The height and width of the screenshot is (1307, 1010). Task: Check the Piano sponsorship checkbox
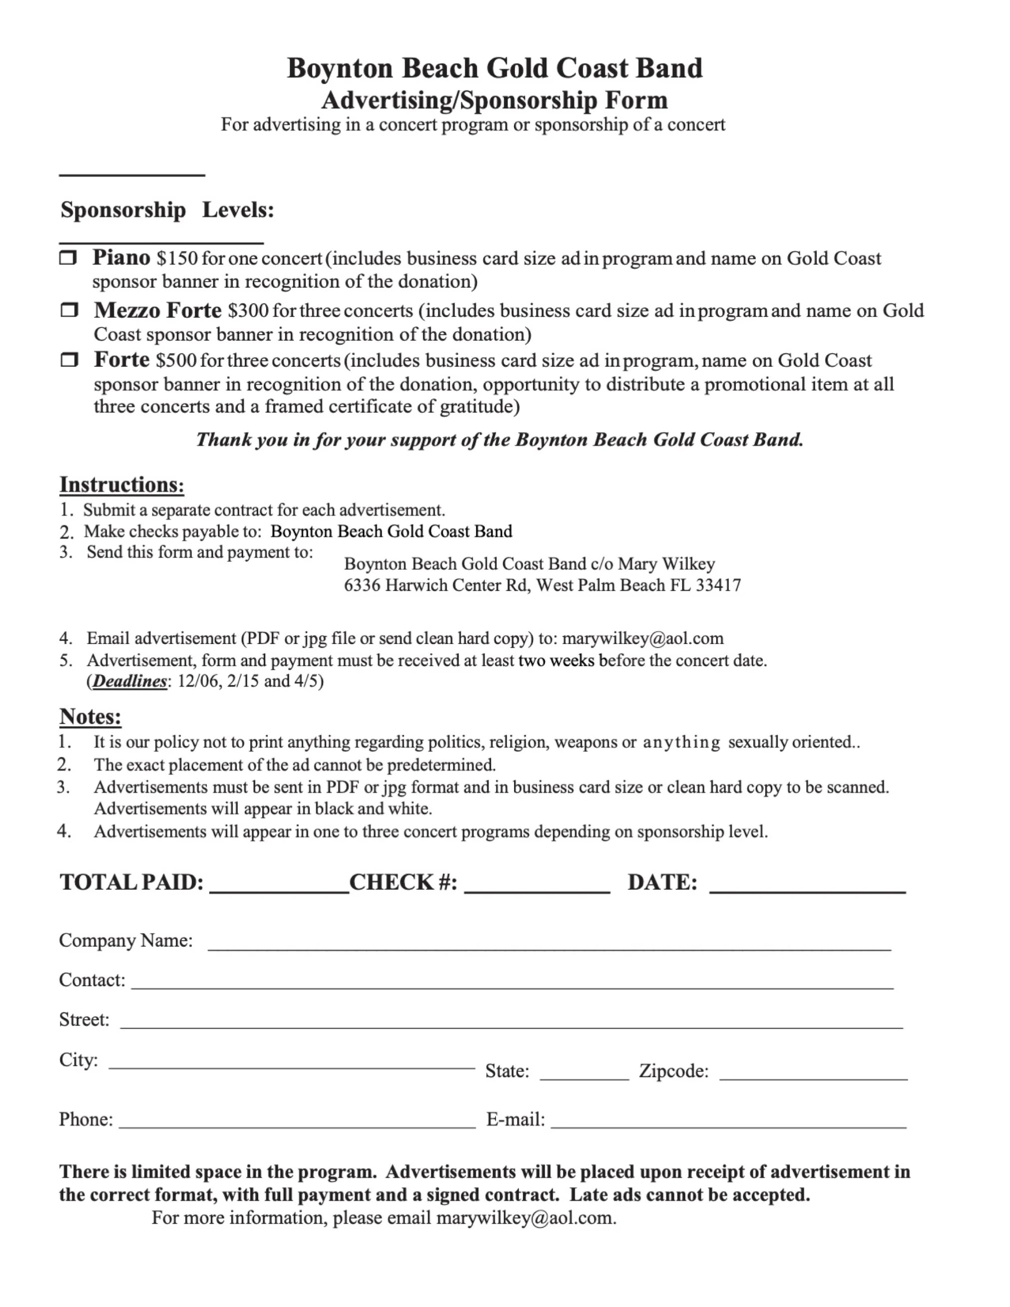click(x=68, y=258)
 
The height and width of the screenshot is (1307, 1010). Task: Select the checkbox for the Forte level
click(x=69, y=360)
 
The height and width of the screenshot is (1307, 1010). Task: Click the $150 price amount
click(x=177, y=258)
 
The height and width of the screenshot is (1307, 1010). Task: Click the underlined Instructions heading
click(x=121, y=484)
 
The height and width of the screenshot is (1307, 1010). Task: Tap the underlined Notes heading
click(x=90, y=716)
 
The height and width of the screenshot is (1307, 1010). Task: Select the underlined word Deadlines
click(x=130, y=681)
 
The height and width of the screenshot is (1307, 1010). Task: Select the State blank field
click(x=584, y=1072)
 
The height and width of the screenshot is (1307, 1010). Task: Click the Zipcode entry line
click(x=813, y=1072)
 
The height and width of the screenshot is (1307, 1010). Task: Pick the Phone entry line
click(x=297, y=1120)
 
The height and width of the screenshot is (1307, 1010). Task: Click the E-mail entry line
click(x=728, y=1120)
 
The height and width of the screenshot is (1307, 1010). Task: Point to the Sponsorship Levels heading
click(x=167, y=210)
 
